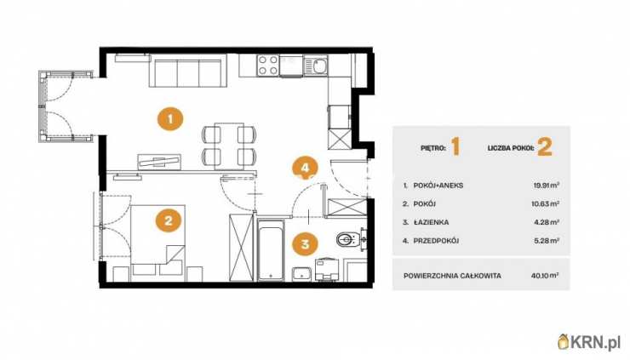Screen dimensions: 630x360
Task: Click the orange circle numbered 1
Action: point(170,119)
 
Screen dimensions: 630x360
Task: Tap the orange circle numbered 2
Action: point(169,220)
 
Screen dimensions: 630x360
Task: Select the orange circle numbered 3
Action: point(306,244)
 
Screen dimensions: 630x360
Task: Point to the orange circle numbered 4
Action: point(306,168)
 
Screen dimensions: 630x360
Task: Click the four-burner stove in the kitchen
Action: point(268,65)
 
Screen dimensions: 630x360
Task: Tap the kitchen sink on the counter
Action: point(316,66)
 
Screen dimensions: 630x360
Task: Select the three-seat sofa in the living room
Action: point(188,71)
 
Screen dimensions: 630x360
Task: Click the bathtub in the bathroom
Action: point(271,250)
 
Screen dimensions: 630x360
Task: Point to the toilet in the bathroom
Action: point(348,240)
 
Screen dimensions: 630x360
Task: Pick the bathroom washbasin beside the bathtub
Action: point(301,274)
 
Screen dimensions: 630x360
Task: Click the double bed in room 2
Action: point(157,240)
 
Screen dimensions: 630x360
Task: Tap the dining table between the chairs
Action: point(229,145)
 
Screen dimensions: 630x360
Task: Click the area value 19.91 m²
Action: point(546,186)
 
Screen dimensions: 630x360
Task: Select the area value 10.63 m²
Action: point(545,203)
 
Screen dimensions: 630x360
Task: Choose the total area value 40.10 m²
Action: point(545,276)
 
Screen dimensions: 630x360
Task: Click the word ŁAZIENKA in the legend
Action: point(431,222)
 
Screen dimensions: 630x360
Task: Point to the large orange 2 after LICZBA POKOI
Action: point(545,147)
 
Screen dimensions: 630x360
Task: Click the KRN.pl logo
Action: point(589,342)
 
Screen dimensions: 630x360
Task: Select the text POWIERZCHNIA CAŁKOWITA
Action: point(452,276)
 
